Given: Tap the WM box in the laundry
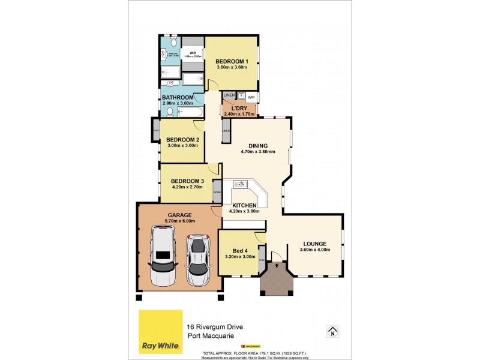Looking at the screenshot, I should [x=251, y=97].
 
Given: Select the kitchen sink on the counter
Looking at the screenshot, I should [x=241, y=184].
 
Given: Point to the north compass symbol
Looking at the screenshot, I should [x=331, y=331].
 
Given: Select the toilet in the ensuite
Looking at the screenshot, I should [x=173, y=43].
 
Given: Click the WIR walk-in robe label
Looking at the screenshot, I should [x=193, y=53].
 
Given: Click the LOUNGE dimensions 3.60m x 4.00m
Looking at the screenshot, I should [x=314, y=251].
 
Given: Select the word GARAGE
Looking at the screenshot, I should [x=179, y=215].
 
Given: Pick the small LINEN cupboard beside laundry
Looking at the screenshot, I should [x=229, y=96].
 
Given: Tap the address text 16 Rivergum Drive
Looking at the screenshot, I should [x=215, y=326].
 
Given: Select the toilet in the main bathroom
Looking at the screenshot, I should [x=170, y=112].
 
